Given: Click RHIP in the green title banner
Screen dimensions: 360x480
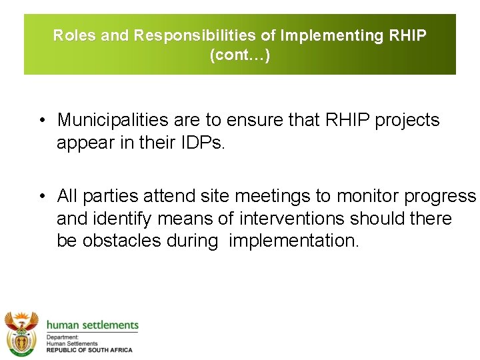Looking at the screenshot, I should pos(406,35).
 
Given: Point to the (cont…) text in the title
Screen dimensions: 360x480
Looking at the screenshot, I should pos(240,55).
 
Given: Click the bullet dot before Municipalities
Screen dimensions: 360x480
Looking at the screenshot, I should pos(41,121).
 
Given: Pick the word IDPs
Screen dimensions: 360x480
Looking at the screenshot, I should pos(203,143).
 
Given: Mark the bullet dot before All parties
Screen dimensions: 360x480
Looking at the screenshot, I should pos(41,197).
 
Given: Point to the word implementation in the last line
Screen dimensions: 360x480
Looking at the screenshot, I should pos(293,241).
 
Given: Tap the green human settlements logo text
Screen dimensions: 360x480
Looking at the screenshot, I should pos(92,325).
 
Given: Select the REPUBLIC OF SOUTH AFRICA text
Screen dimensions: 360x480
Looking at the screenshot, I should pos(89,350).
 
